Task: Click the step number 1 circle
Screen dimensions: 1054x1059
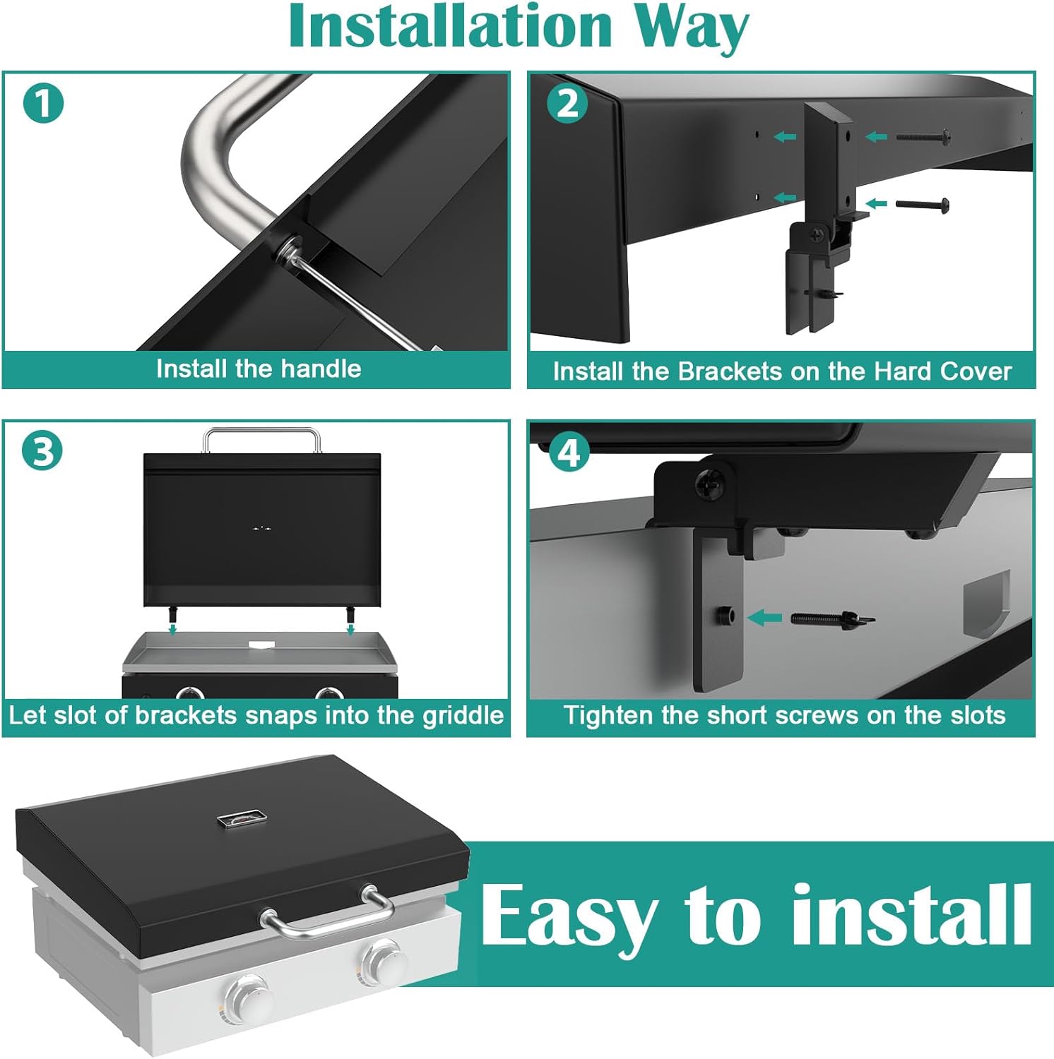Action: (43, 103)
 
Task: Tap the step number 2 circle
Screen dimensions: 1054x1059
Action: (567, 104)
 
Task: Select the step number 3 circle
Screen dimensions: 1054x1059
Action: (42, 450)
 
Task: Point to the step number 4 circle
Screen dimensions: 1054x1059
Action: (569, 453)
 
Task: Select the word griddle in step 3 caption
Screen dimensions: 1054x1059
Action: (463, 715)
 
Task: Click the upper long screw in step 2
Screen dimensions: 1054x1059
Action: (923, 136)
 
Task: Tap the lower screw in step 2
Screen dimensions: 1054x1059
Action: (922, 205)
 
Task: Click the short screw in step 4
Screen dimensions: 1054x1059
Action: (832, 619)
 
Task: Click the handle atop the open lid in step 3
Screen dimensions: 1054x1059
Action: (261, 438)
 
